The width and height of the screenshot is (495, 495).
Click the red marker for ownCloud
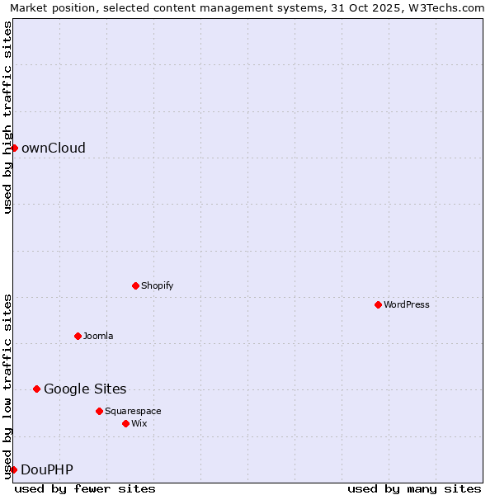click(x=14, y=148)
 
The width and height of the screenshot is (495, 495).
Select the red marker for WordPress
click(x=378, y=304)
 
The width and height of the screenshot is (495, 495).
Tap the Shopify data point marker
click(x=135, y=285)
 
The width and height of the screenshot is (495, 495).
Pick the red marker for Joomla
click(x=78, y=336)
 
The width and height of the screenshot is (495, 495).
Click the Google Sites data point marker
click(x=36, y=389)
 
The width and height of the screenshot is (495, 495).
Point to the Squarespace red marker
click(x=99, y=411)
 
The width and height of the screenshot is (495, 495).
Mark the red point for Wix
click(x=125, y=423)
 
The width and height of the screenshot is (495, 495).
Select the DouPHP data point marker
click(x=13, y=469)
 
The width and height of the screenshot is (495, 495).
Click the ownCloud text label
click(x=53, y=148)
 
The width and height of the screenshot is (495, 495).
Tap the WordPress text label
click(x=407, y=304)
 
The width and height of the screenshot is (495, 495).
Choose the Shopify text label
click(x=157, y=285)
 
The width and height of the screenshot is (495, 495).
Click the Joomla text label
click(x=98, y=336)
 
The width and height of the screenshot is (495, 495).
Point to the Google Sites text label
click(x=85, y=389)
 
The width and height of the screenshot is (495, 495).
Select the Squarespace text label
click(x=133, y=411)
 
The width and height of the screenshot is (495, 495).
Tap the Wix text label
click(x=139, y=423)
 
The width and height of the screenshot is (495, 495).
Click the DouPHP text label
click(x=47, y=470)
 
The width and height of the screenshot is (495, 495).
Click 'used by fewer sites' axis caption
click(x=85, y=488)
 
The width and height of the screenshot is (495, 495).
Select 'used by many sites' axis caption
click(x=414, y=488)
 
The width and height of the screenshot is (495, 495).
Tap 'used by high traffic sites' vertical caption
click(x=8, y=117)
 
